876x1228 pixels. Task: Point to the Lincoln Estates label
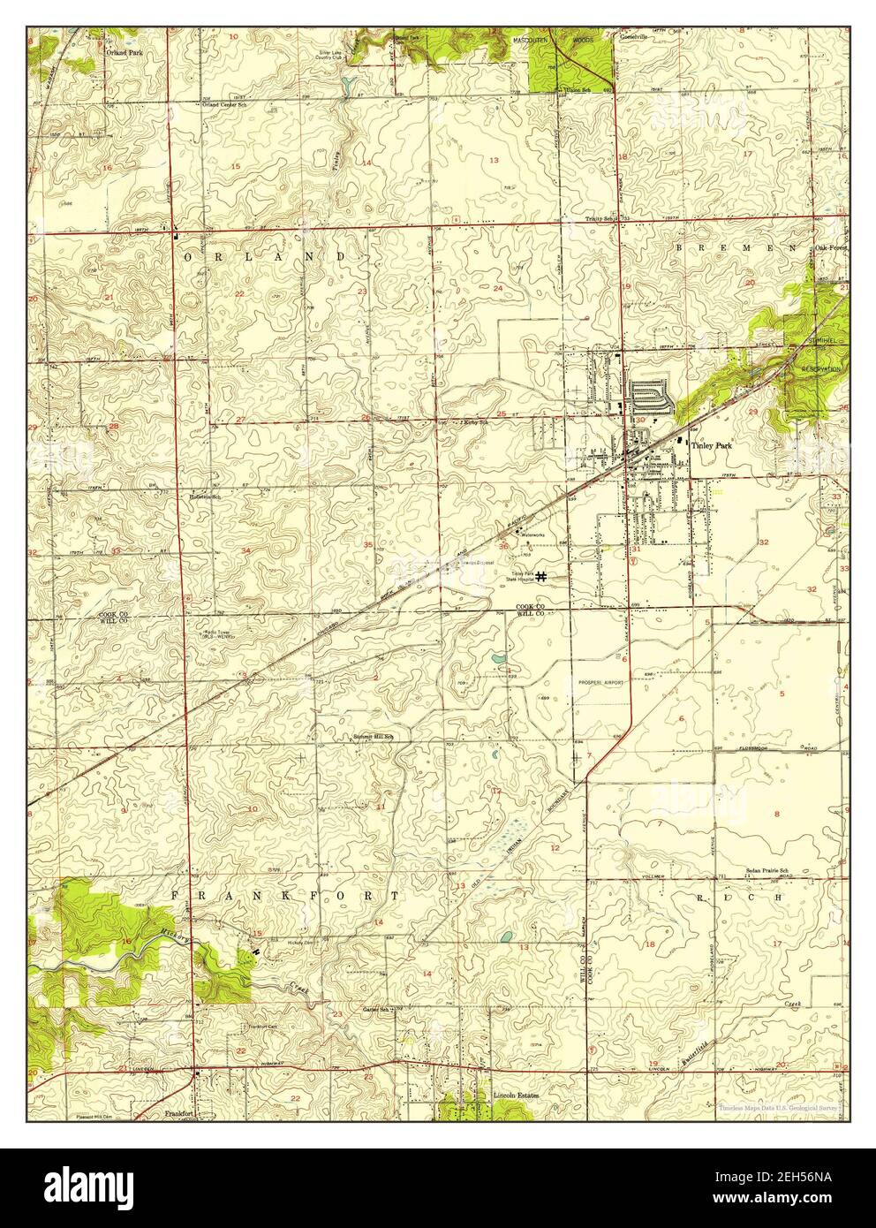point(517,1095)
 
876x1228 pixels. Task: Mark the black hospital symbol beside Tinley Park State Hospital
point(540,575)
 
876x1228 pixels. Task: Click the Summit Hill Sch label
point(373,736)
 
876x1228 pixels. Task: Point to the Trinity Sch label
point(601,218)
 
